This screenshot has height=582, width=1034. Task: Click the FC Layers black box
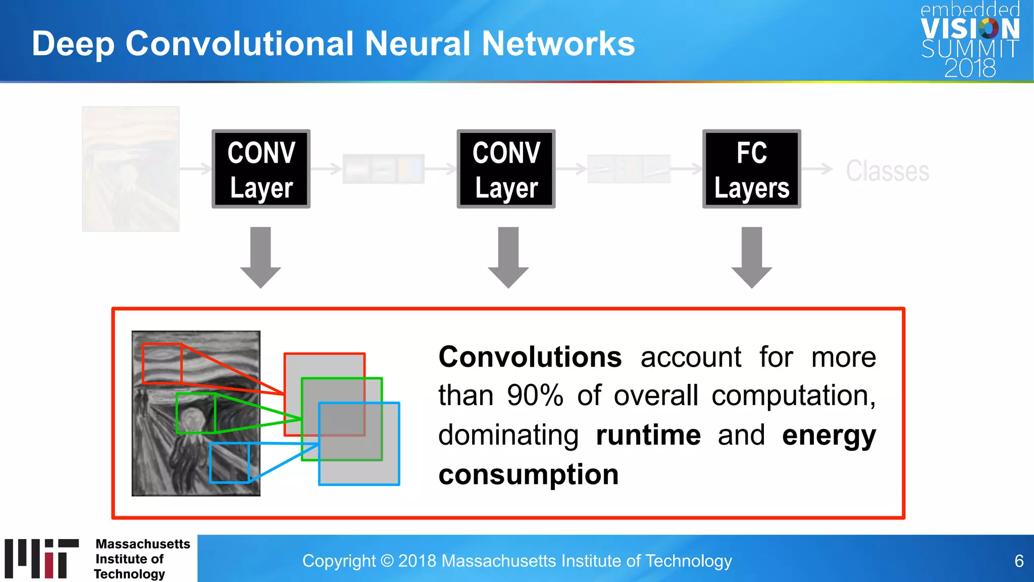tap(751, 169)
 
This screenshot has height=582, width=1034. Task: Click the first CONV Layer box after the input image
tap(261, 169)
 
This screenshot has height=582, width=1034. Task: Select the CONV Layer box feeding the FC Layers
tap(506, 169)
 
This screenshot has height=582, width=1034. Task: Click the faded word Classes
tap(887, 171)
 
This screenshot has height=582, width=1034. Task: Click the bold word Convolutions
tap(530, 357)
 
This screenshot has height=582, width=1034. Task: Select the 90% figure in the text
tap(535, 396)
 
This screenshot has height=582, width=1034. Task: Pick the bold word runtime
tap(648, 435)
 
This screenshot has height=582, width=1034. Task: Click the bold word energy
tap(829, 435)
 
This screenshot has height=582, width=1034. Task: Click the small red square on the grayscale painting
tap(162, 363)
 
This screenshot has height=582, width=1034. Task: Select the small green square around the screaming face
tap(195, 413)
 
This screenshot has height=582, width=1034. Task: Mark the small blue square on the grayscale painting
tap(229, 462)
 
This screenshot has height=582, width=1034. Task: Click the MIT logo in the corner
tap(42, 558)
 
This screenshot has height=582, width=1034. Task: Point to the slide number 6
tap(1019, 561)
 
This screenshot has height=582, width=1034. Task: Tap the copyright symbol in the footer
tap(387, 561)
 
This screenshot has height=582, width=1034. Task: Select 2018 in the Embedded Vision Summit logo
tap(970, 68)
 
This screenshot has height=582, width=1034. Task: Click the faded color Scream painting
tap(131, 169)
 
